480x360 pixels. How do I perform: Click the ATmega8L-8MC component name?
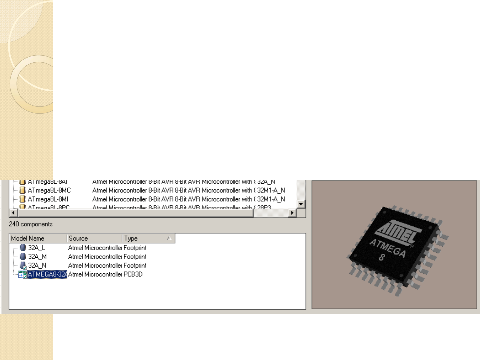click(49, 190)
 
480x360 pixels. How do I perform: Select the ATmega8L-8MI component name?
click(48, 199)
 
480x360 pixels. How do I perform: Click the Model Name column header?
click(28, 238)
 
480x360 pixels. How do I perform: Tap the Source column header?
click(78, 238)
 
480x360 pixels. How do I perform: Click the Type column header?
click(131, 238)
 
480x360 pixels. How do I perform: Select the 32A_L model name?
click(37, 248)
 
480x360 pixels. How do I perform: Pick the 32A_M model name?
click(37, 257)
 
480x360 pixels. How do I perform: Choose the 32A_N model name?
click(37, 265)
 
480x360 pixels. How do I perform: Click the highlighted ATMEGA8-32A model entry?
click(47, 274)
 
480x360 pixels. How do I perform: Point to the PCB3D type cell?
click(133, 274)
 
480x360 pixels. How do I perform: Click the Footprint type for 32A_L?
click(135, 248)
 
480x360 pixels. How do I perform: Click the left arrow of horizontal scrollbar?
click(13, 213)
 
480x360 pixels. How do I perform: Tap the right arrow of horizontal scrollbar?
click(292, 213)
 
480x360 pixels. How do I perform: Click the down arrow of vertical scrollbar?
click(301, 204)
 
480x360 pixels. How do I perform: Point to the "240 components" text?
click(31, 224)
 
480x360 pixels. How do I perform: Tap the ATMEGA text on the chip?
click(388, 248)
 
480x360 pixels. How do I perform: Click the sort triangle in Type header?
click(169, 238)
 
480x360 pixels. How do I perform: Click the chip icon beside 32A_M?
click(23, 256)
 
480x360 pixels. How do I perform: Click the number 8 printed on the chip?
click(382, 257)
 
